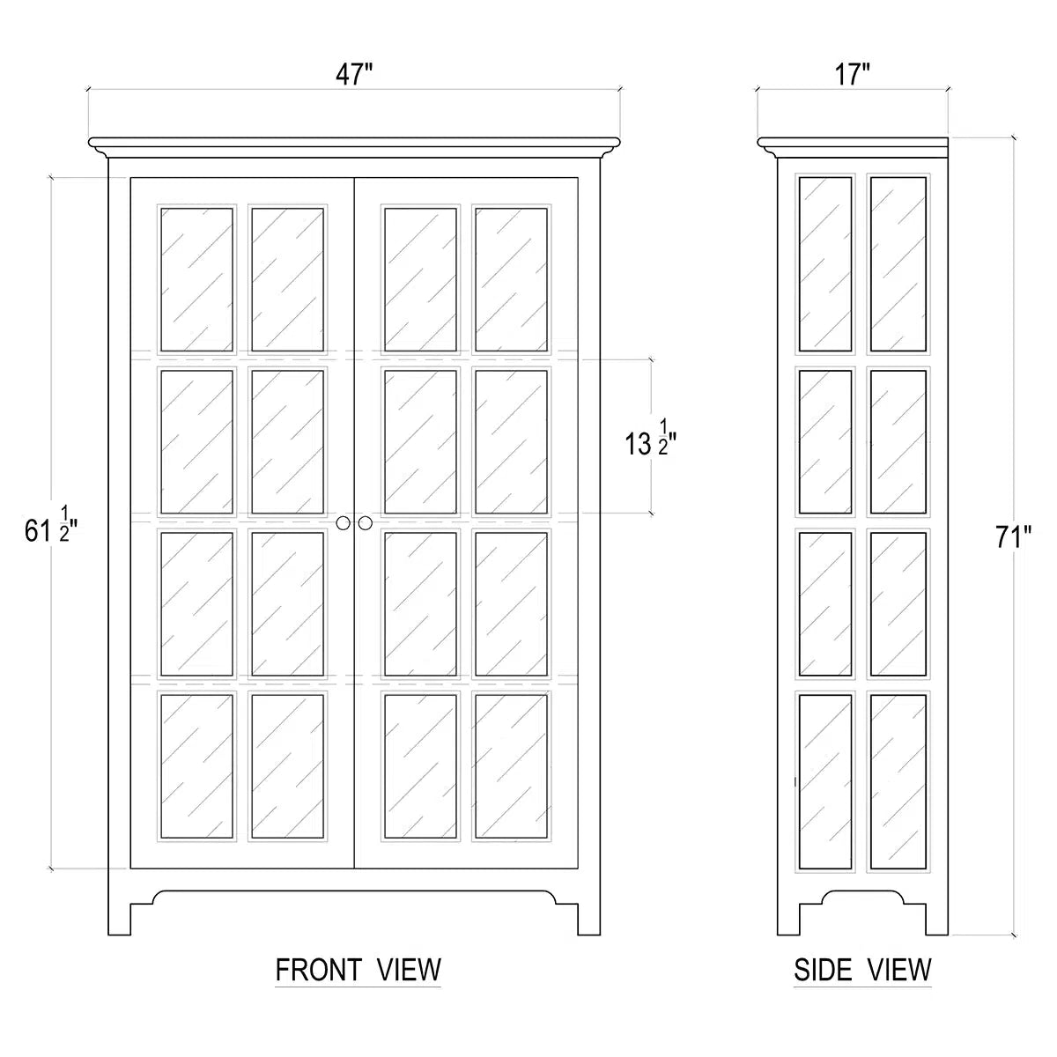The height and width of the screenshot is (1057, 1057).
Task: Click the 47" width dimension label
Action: pyautogui.click(x=354, y=75)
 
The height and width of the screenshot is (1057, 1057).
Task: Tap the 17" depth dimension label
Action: pyautogui.click(x=853, y=75)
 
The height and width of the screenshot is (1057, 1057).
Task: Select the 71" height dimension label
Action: pyautogui.click(x=1014, y=537)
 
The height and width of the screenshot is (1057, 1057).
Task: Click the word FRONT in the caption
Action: pyautogui.click(x=319, y=971)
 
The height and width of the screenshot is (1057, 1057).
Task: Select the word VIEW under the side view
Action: pyautogui.click(x=899, y=971)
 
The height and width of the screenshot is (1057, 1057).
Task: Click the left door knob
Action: pyautogui.click(x=343, y=523)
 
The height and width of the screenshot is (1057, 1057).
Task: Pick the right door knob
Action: pyautogui.click(x=366, y=523)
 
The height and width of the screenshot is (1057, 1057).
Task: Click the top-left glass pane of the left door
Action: pyautogui.click(x=197, y=279)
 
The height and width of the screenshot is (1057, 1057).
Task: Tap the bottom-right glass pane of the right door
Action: pyautogui.click(x=511, y=767)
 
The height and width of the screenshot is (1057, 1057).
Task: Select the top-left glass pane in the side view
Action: pyautogui.click(x=825, y=264)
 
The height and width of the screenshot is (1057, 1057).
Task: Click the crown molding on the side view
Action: pyautogui.click(x=853, y=148)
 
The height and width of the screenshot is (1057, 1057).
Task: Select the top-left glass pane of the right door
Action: pyautogui.click(x=421, y=279)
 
